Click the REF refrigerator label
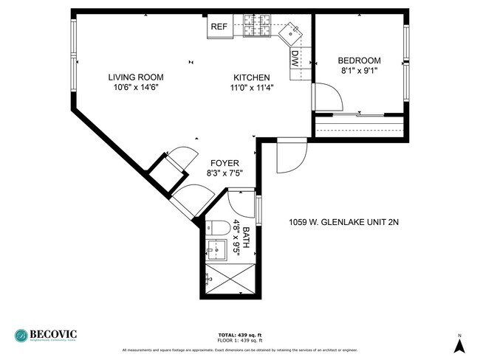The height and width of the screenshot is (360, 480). pos(219,27)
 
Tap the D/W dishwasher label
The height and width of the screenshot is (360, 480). pos(295,58)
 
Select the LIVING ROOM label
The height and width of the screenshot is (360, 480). pos(136,77)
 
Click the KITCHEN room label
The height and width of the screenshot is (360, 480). pos(252,77)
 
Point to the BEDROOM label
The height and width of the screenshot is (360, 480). pos(359,60)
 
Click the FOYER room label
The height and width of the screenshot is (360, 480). pos(224,163)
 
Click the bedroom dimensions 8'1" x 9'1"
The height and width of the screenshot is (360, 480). pos(359,72)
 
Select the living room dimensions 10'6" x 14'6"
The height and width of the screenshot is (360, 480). pos(136,87)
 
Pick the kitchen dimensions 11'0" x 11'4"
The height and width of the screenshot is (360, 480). pos(252,87)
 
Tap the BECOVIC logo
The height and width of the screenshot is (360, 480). pos(46,334)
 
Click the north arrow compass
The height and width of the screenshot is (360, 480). pos(459,342)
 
